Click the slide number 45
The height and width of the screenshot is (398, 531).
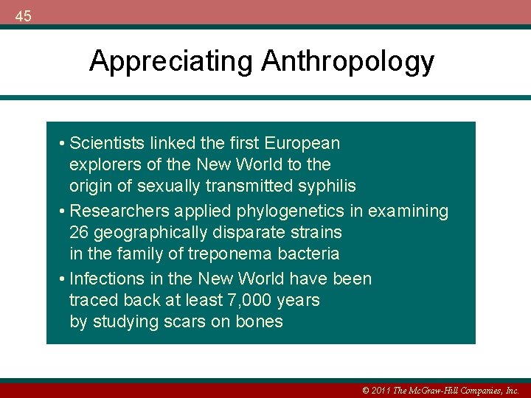[x=23, y=15]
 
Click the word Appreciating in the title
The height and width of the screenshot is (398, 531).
[x=172, y=61]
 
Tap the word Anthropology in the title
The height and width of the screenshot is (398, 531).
[x=347, y=61]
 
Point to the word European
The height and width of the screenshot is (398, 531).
[x=303, y=142]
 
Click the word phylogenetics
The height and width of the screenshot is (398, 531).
[x=291, y=211]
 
